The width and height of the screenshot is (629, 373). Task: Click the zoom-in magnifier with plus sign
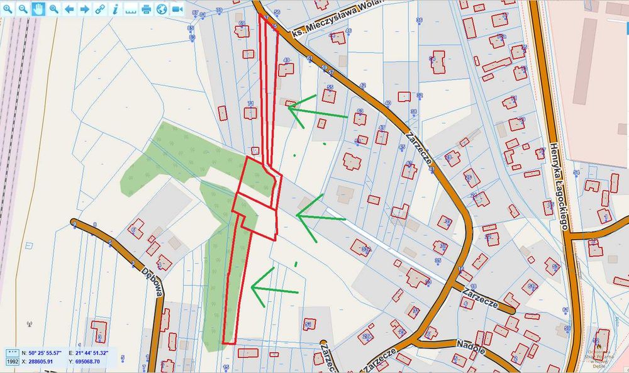pos(8,9)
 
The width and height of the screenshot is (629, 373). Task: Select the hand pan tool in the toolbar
pos(38,9)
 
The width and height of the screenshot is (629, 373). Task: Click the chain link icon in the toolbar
pos(100,9)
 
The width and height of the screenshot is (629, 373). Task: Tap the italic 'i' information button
pos(115,9)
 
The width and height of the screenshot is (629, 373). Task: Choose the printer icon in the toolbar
pos(147,9)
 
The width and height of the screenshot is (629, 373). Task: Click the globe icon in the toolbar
pos(162,9)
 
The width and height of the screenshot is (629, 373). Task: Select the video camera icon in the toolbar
pos(177,9)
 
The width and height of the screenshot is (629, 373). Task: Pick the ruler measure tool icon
pos(131,9)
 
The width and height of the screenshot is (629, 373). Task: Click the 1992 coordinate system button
pos(12,362)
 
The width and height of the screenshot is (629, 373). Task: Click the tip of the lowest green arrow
pos(252,287)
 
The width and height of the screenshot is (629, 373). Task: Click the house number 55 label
pos(330,87)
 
